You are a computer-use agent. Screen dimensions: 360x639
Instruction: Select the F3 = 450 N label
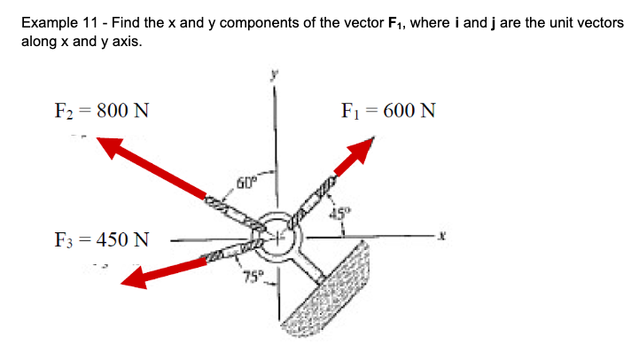click(101, 239)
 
